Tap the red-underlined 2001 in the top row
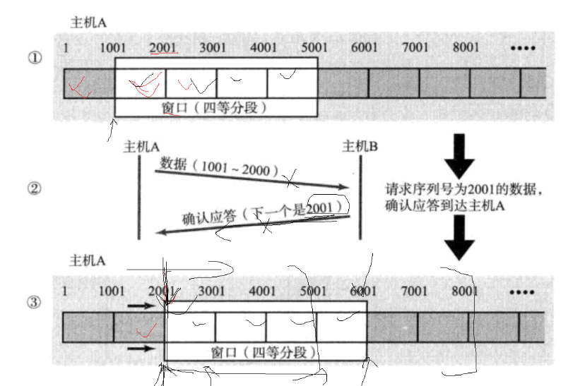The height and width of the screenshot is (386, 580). [163, 47]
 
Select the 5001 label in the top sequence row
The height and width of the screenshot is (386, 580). [314, 47]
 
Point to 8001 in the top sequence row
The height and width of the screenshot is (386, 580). [466, 47]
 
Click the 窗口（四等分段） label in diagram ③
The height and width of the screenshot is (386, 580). [265, 351]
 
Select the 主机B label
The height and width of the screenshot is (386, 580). [360, 146]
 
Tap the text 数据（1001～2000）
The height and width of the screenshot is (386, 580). [220, 166]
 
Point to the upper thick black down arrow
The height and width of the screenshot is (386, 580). [462, 154]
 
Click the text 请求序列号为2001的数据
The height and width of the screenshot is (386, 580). [466, 190]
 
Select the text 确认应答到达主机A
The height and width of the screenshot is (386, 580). [445, 205]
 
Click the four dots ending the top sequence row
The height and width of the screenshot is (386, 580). [525, 48]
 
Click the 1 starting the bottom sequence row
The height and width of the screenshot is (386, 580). [66, 290]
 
